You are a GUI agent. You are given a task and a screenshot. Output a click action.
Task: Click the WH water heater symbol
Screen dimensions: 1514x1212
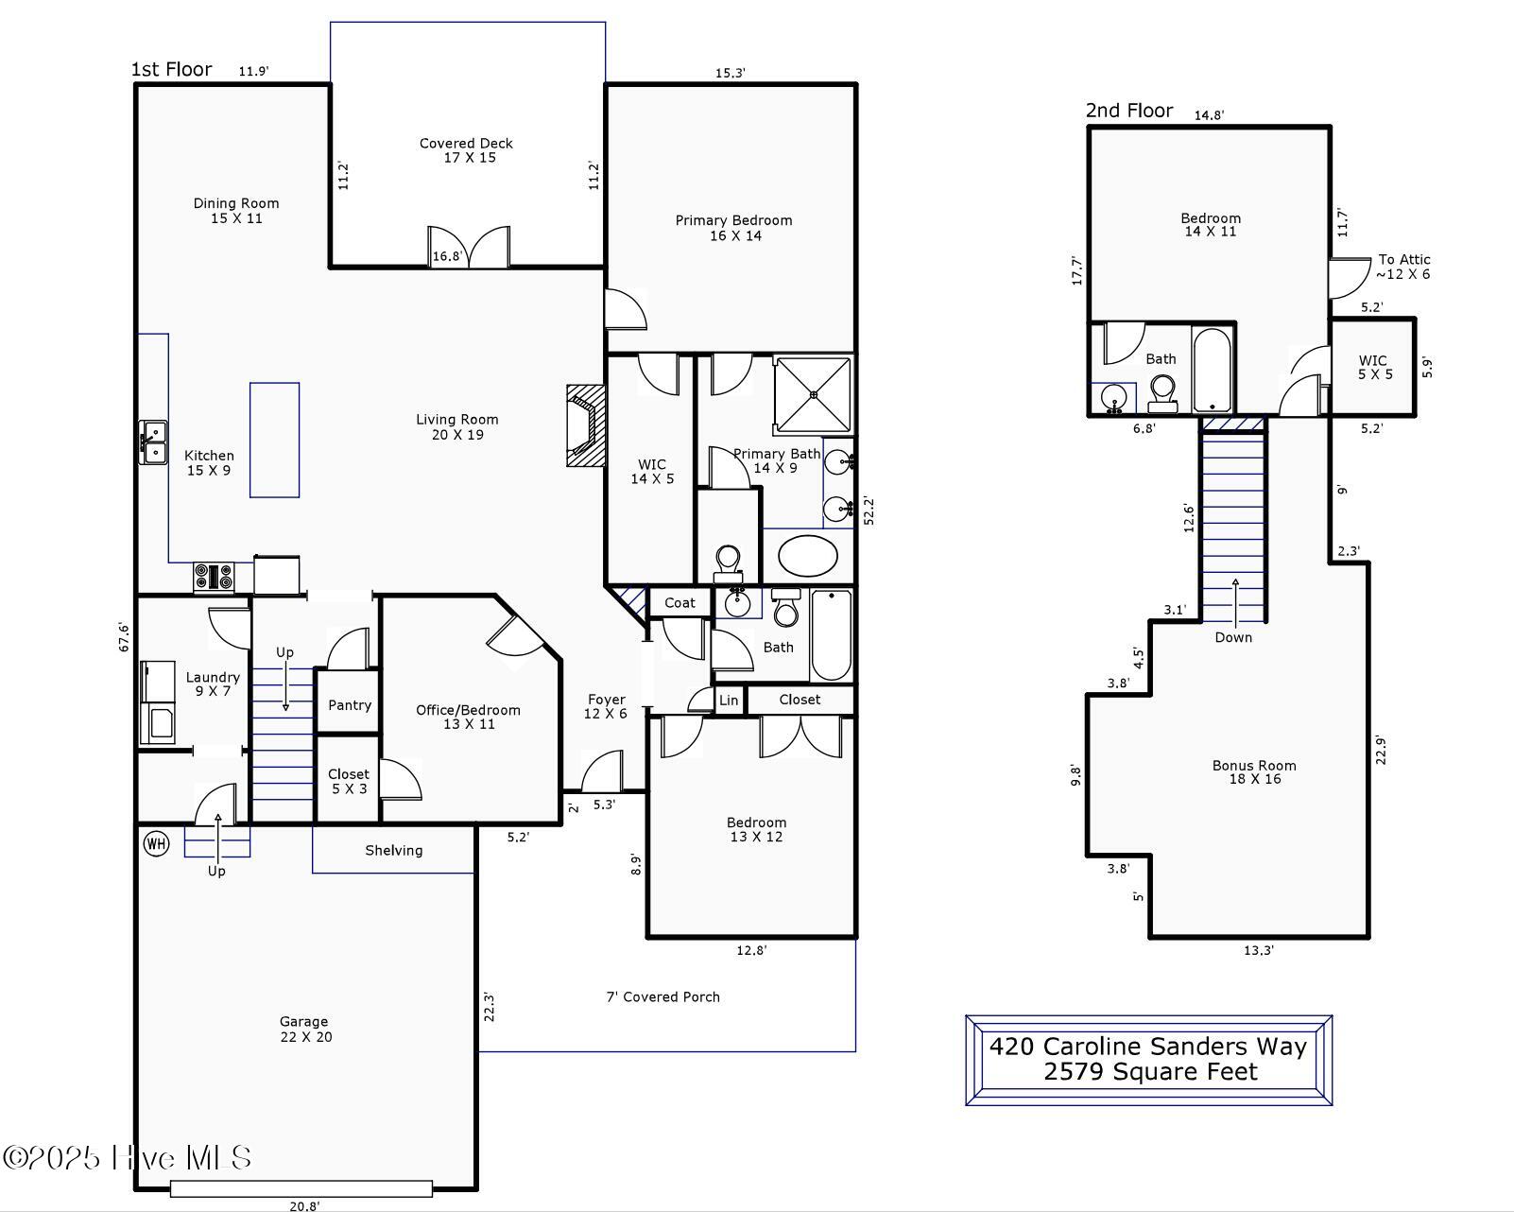click(156, 843)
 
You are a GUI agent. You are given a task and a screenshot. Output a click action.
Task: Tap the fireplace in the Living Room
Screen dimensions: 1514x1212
click(586, 425)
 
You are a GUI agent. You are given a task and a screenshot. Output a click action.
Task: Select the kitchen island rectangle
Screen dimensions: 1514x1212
click(274, 440)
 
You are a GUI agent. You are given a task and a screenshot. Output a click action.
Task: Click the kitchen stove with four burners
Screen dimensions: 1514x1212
click(214, 577)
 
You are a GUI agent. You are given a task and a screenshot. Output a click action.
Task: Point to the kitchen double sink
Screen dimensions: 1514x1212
click(153, 442)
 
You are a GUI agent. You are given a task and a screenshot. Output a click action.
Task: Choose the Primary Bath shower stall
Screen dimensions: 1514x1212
click(814, 395)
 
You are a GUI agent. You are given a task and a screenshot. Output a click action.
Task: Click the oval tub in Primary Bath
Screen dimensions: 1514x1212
click(808, 556)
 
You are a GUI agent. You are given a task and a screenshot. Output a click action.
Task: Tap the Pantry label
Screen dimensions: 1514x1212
click(350, 705)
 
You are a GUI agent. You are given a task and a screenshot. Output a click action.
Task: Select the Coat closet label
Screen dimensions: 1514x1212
click(680, 603)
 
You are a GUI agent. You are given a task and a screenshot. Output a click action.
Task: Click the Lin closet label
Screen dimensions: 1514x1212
click(729, 701)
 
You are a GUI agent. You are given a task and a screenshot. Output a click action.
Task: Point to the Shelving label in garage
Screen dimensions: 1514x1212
click(394, 851)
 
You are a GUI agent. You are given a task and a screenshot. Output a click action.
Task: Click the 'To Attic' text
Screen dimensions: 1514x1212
click(1404, 260)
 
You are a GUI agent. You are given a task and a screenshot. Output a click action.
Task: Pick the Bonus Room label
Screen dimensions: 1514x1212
click(1254, 766)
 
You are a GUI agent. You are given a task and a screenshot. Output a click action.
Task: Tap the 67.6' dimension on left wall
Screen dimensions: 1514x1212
click(124, 637)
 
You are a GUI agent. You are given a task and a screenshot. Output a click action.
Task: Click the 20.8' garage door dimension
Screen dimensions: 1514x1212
click(304, 1206)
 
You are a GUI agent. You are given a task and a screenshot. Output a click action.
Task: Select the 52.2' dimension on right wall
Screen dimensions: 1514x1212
click(869, 511)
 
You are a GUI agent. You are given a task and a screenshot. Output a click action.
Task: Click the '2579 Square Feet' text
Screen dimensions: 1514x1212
click(1150, 1072)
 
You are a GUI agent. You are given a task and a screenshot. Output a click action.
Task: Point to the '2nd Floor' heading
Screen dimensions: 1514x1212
click(1129, 111)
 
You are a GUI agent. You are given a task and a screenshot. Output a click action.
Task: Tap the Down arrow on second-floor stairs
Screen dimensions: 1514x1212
click(1235, 602)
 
